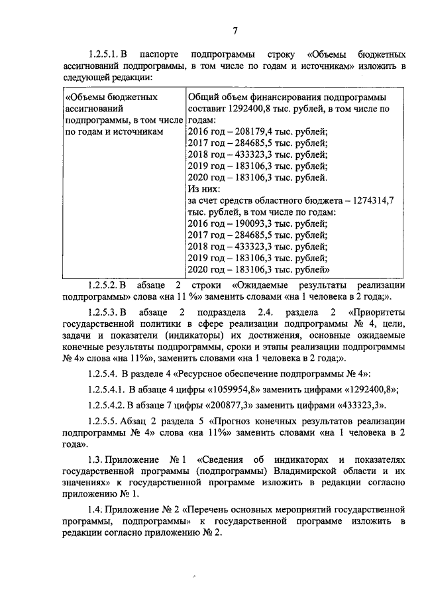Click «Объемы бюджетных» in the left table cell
pyautogui.click(x=112, y=97)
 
